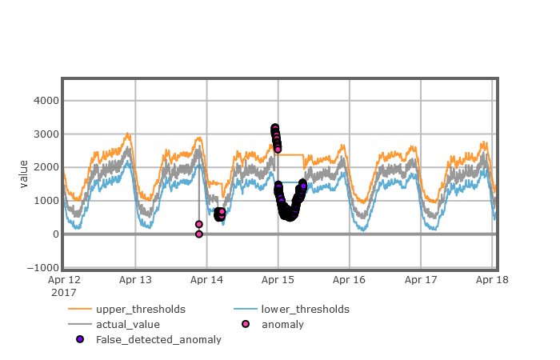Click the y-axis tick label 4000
[45, 100]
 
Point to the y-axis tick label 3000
[45, 134]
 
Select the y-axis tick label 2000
[45, 167]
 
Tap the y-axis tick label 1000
[45, 201]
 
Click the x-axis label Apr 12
[65, 280]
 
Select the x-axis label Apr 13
[135, 280]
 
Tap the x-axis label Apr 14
[206, 280]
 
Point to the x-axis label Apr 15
[278, 280]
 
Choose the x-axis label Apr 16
[349, 280]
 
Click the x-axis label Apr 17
[420, 280]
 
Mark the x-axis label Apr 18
[491, 280]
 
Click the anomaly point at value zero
[199, 234]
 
